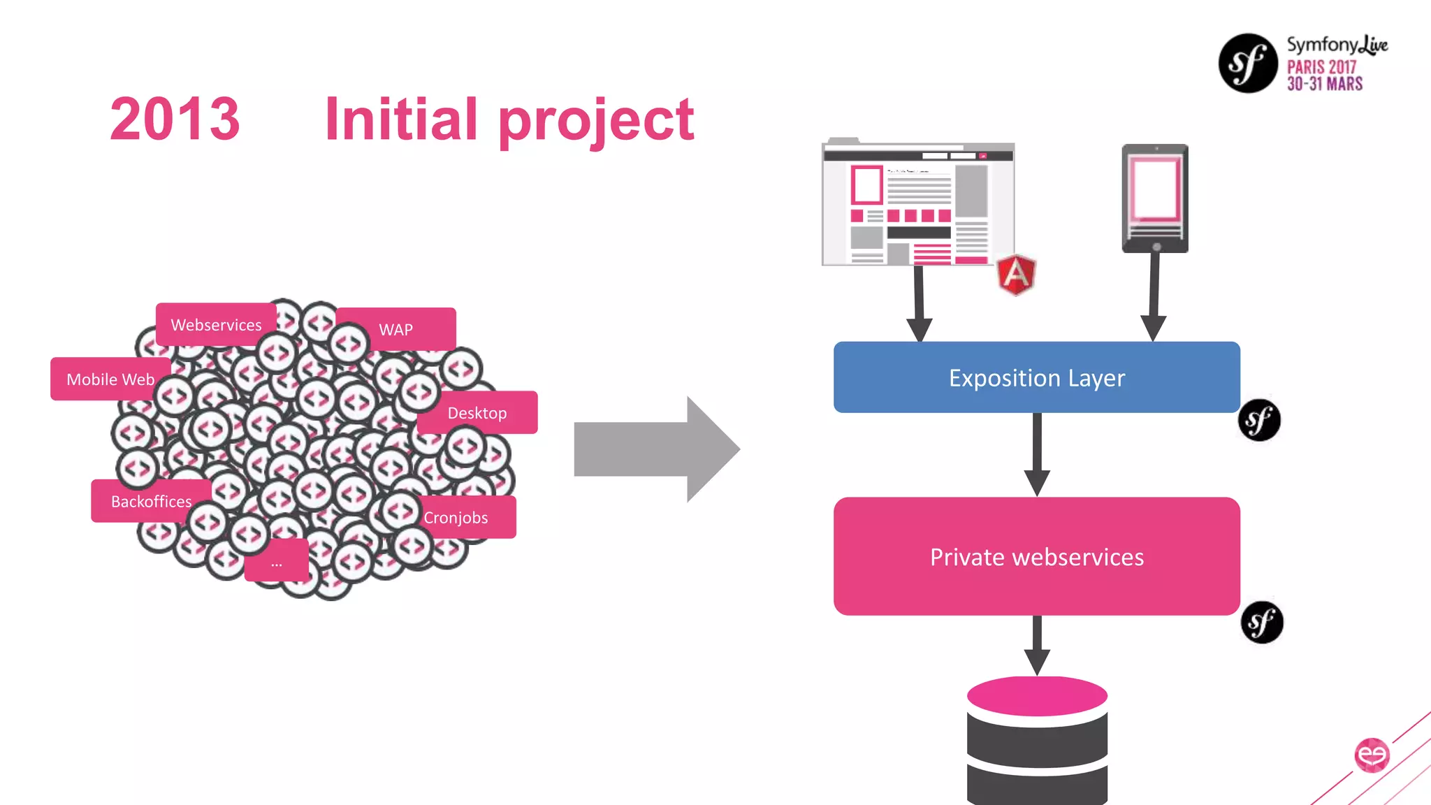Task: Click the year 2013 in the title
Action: pyautogui.click(x=175, y=119)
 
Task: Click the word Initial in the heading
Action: pyautogui.click(x=401, y=119)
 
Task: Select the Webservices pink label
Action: pyautogui.click(x=216, y=324)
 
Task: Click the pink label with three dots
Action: pyautogui.click(x=277, y=561)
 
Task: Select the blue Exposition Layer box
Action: pyautogui.click(x=1036, y=377)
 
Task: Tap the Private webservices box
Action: pyautogui.click(x=1036, y=556)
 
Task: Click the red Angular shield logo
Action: pyautogui.click(x=1016, y=275)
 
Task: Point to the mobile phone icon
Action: pyautogui.click(x=1155, y=198)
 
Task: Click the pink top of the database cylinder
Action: pyautogui.click(x=1037, y=695)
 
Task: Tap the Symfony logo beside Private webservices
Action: pyautogui.click(x=1262, y=622)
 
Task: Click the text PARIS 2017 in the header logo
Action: pyautogui.click(x=1321, y=67)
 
